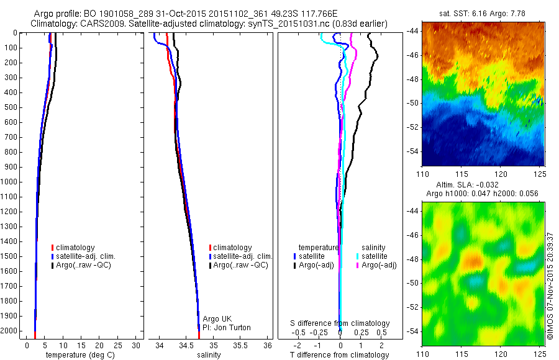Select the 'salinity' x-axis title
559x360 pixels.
point(209,355)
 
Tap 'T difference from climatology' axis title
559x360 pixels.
point(340,355)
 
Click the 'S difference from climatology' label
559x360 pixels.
point(340,323)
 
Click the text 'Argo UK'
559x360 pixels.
point(217,319)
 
